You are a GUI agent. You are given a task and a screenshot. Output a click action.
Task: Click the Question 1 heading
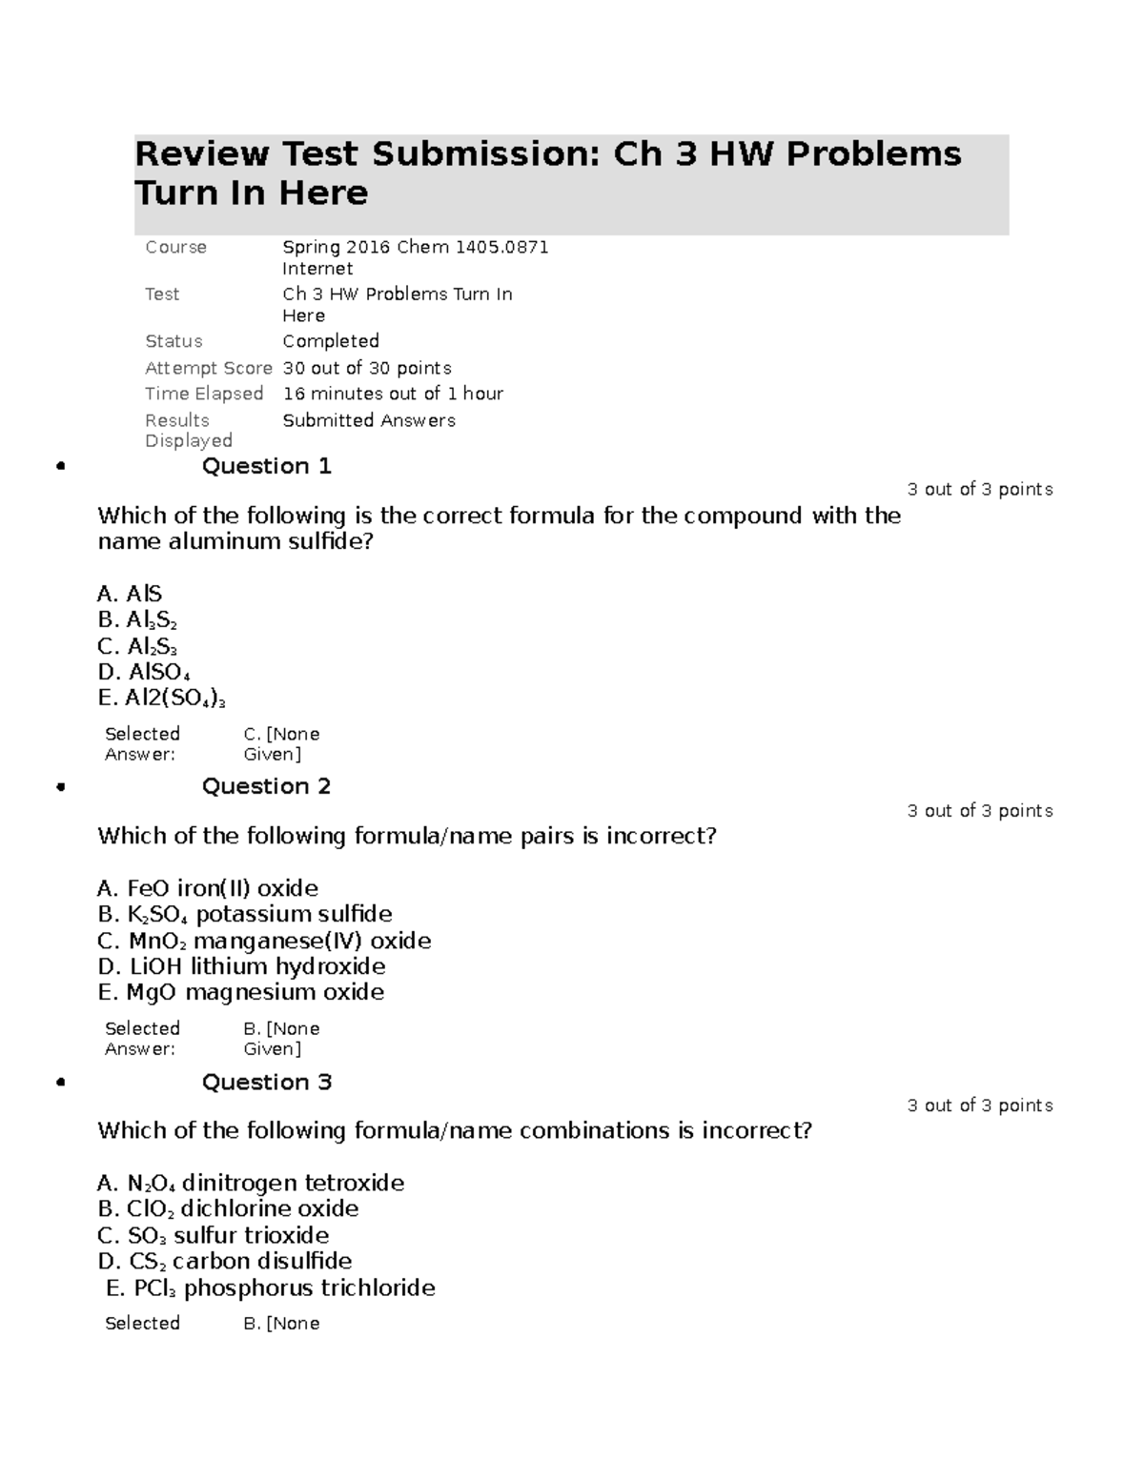click(x=266, y=466)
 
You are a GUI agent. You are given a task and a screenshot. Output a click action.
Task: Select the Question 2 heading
click(x=266, y=786)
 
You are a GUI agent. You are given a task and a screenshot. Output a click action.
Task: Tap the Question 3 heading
click(x=266, y=1082)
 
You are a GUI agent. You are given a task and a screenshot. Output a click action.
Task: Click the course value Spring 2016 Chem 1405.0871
click(x=415, y=247)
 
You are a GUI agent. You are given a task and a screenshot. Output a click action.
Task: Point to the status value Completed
click(x=331, y=341)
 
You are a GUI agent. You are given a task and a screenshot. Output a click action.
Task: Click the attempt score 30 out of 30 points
click(x=367, y=368)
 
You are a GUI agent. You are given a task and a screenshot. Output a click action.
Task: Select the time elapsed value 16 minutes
click(x=393, y=394)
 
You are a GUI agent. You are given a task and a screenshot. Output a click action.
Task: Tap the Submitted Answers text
click(x=369, y=420)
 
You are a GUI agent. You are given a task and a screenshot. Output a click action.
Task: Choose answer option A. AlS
click(x=130, y=595)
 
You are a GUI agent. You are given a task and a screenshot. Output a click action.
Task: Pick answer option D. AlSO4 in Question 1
click(x=143, y=673)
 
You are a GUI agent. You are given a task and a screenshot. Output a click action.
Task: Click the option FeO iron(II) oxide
click(x=208, y=888)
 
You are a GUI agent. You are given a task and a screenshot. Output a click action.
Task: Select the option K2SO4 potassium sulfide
click(x=245, y=915)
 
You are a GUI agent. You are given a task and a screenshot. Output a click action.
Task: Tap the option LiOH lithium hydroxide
click(x=241, y=966)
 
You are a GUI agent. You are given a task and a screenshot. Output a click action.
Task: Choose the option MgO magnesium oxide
click(x=241, y=992)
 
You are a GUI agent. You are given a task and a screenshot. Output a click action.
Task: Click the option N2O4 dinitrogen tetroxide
click(x=251, y=1183)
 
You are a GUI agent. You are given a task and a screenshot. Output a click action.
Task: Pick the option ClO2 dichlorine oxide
click(x=228, y=1209)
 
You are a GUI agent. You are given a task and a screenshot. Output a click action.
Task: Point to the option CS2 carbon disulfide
click(x=225, y=1262)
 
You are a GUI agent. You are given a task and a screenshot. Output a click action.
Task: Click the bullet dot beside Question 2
click(x=61, y=787)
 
